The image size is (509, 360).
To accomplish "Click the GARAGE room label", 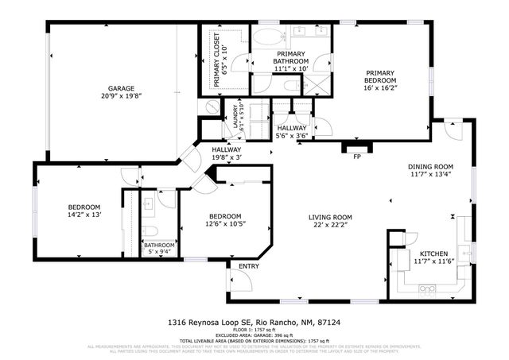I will [122, 88].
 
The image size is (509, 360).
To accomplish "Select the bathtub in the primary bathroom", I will [268, 37].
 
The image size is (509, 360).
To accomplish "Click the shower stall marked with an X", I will [319, 86].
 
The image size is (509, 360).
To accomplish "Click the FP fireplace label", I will [357, 156].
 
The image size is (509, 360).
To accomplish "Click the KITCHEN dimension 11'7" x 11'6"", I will [433, 261].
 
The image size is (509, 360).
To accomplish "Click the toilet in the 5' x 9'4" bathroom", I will [150, 234].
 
